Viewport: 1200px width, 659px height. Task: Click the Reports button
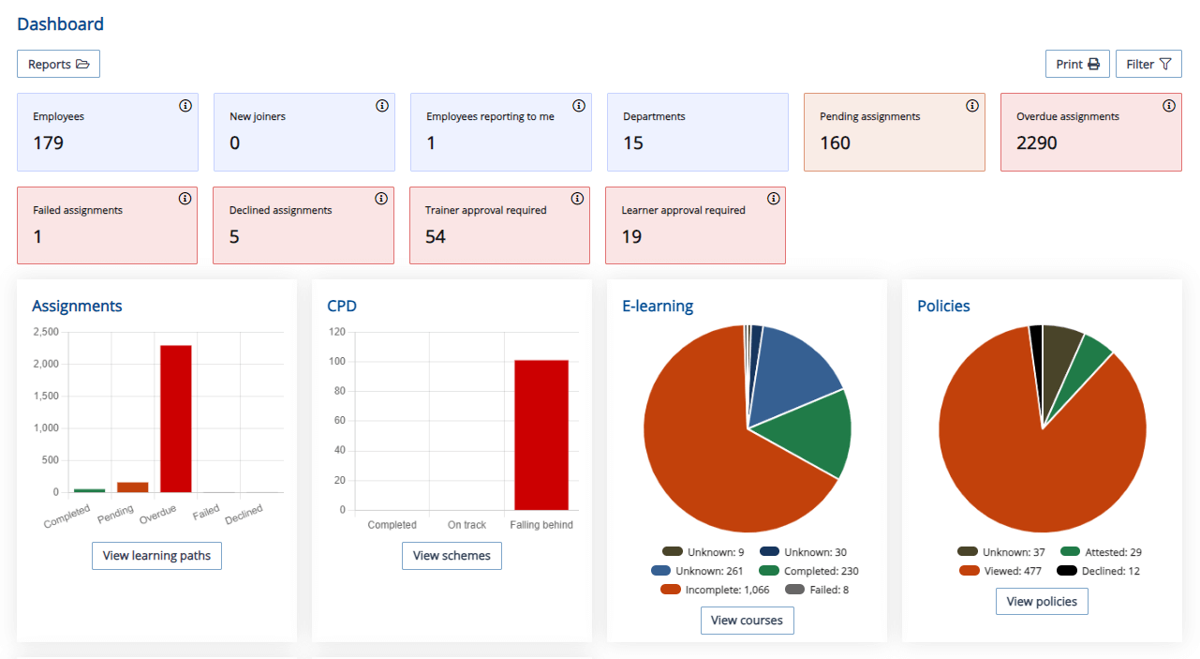58,64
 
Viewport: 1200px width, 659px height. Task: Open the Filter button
1148,64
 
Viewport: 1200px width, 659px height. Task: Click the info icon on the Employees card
185,106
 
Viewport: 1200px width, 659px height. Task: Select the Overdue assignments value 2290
1036,143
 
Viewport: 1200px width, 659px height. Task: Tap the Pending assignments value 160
835,143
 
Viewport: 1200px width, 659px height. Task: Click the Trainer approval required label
485,210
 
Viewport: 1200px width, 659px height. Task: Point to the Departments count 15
633,143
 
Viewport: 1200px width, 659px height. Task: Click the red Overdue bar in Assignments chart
176,418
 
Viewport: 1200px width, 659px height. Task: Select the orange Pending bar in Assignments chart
133,487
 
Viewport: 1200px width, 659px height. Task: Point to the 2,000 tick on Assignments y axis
45,364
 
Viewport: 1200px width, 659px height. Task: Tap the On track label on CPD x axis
467,525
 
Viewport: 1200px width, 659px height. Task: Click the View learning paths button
156,556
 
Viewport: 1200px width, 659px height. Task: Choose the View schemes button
452,556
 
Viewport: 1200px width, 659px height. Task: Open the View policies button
1042,602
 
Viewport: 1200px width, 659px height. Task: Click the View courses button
747,621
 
